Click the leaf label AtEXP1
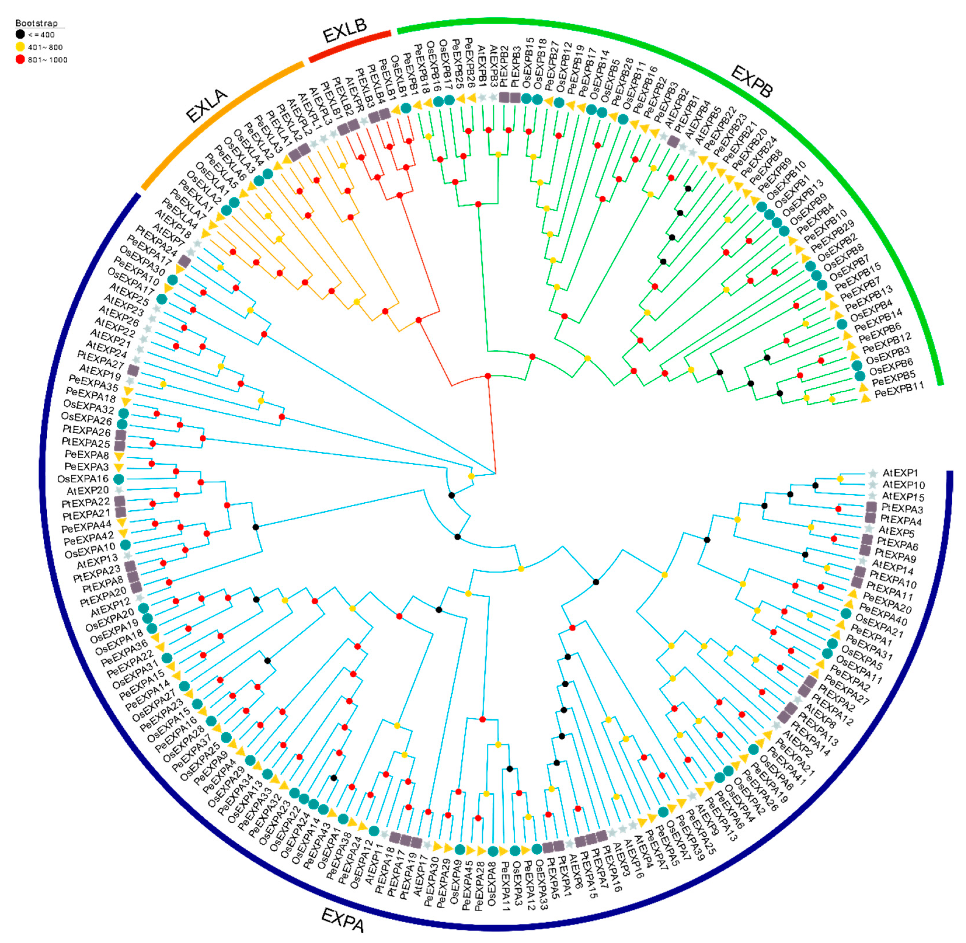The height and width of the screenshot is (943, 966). pyautogui.click(x=900, y=473)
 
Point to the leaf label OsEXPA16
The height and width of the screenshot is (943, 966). pyautogui.click(x=83, y=479)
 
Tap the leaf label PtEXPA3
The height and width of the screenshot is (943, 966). pyautogui.click(x=902, y=509)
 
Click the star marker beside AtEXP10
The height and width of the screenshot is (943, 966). pyautogui.click(x=872, y=484)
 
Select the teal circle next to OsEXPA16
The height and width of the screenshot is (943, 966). pyautogui.click(x=118, y=479)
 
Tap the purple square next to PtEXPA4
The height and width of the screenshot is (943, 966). pyautogui.click(x=870, y=518)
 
